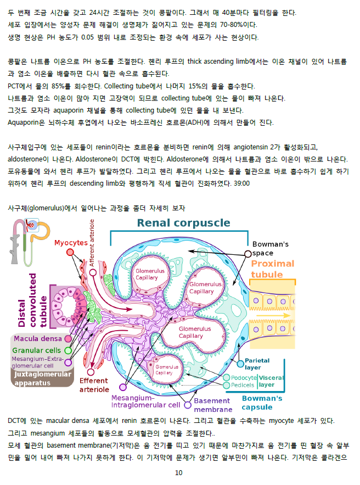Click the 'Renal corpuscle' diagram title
[x=183, y=222]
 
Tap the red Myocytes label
[x=71, y=243]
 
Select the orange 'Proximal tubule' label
[x=272, y=269]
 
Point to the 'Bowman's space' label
[x=271, y=248]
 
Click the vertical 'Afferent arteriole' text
[x=92, y=243]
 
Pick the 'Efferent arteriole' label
[x=94, y=385]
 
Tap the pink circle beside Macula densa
[x=68, y=339]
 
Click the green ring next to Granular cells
[x=68, y=350]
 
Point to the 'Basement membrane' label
[x=213, y=405]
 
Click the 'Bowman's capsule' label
[x=262, y=403]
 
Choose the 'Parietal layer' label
[x=257, y=364]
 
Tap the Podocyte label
[x=244, y=377]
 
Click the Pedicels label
[x=243, y=385]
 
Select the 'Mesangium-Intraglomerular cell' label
[x=145, y=401]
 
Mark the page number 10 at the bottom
[x=178, y=472]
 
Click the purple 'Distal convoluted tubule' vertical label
[x=32, y=300]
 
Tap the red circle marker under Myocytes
[x=70, y=253]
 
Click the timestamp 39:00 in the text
[x=241, y=183]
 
